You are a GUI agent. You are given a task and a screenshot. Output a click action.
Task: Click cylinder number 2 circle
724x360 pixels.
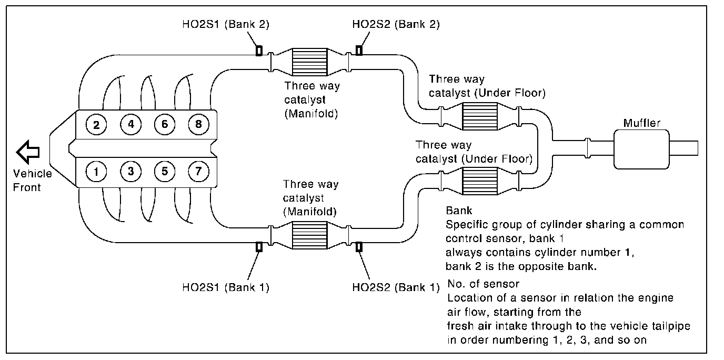97,125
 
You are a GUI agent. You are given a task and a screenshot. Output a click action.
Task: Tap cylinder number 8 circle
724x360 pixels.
198,125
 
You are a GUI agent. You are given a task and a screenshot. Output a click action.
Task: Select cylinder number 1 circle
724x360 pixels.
97,171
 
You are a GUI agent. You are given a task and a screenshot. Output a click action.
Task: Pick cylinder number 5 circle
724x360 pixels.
165,171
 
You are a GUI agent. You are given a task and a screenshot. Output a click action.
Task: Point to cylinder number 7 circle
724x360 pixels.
198,171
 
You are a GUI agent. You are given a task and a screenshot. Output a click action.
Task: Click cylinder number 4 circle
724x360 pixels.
130,125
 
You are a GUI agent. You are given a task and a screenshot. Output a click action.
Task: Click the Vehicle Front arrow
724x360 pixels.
26,153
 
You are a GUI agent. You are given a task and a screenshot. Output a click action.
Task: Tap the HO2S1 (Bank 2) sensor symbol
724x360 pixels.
259,51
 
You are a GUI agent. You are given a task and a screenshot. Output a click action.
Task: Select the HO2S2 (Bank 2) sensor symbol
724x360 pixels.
359,50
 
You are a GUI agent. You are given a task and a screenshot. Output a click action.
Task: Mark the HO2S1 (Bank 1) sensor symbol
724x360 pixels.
259,247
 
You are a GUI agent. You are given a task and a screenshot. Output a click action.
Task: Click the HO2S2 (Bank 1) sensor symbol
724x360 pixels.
359,247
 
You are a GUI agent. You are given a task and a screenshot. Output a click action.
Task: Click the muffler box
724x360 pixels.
641,149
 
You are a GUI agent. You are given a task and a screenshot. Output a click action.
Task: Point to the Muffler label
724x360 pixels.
641,124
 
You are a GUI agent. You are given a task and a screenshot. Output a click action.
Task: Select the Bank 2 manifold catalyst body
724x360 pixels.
309,61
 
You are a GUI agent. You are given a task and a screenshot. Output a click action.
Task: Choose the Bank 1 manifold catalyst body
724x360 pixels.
309,235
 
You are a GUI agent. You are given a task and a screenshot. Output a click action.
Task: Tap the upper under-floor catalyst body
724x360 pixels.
479,116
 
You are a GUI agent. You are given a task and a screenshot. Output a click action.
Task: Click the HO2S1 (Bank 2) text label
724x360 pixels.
225,24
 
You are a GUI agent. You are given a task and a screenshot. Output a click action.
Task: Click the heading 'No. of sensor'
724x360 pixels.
483,285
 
